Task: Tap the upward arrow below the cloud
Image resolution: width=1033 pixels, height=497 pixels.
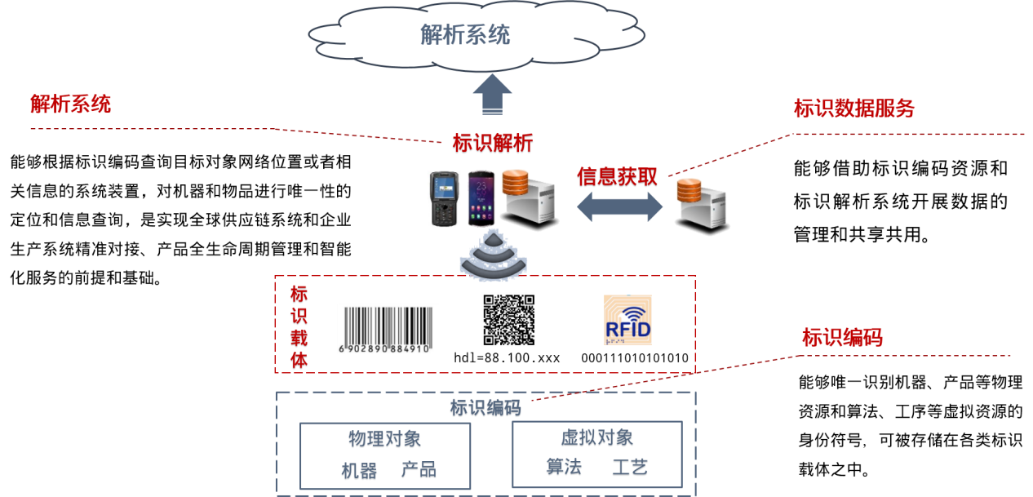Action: click(492, 95)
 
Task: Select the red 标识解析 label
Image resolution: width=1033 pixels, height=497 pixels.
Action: click(493, 144)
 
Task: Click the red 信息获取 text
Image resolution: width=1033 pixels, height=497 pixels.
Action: click(617, 177)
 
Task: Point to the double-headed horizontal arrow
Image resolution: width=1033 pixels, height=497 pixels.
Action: click(620, 206)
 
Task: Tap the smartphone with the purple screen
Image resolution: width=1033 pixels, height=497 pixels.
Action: click(481, 198)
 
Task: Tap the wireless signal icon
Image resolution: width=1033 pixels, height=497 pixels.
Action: click(493, 254)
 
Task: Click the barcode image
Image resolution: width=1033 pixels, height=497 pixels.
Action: click(388, 329)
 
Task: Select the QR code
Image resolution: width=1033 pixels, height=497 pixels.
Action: click(508, 320)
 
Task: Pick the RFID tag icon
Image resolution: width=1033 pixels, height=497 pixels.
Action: click(627, 320)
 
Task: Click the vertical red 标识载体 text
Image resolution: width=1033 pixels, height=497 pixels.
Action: click(299, 327)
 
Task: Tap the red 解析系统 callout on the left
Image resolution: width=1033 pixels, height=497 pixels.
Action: click(70, 104)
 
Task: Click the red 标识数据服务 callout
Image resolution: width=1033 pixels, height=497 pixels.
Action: click(853, 109)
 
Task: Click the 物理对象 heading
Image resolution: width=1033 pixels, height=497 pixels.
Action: click(384, 440)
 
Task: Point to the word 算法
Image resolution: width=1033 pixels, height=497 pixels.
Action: click(563, 468)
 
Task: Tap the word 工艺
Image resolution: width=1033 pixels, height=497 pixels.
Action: click(630, 468)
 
